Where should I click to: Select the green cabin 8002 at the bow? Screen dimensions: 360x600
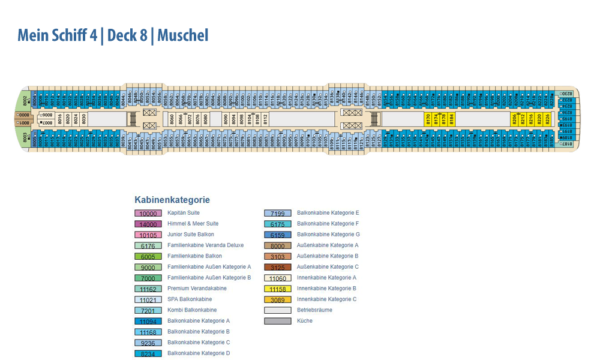[25, 100]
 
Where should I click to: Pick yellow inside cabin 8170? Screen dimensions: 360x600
[428, 119]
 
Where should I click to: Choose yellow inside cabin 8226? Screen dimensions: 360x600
[547, 119]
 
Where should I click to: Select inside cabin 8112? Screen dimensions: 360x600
[265, 119]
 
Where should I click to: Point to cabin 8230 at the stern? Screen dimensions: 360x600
[566, 94]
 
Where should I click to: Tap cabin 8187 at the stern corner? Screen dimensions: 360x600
[566, 144]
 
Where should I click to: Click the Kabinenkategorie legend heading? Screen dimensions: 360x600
[172, 200]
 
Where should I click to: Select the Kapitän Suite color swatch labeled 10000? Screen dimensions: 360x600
[148, 214]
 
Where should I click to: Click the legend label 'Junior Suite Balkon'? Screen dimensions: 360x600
[191, 235]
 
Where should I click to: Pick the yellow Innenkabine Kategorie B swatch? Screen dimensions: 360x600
[278, 289]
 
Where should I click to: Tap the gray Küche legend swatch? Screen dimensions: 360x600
[278, 321]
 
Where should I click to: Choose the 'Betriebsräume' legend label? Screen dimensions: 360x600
[314, 310]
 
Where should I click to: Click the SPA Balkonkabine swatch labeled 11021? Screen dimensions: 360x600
[148, 299]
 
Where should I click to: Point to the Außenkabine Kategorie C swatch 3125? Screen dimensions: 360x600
[278, 267]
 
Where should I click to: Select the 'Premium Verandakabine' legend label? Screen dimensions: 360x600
[197, 289]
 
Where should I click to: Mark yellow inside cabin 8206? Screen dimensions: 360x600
[515, 119]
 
